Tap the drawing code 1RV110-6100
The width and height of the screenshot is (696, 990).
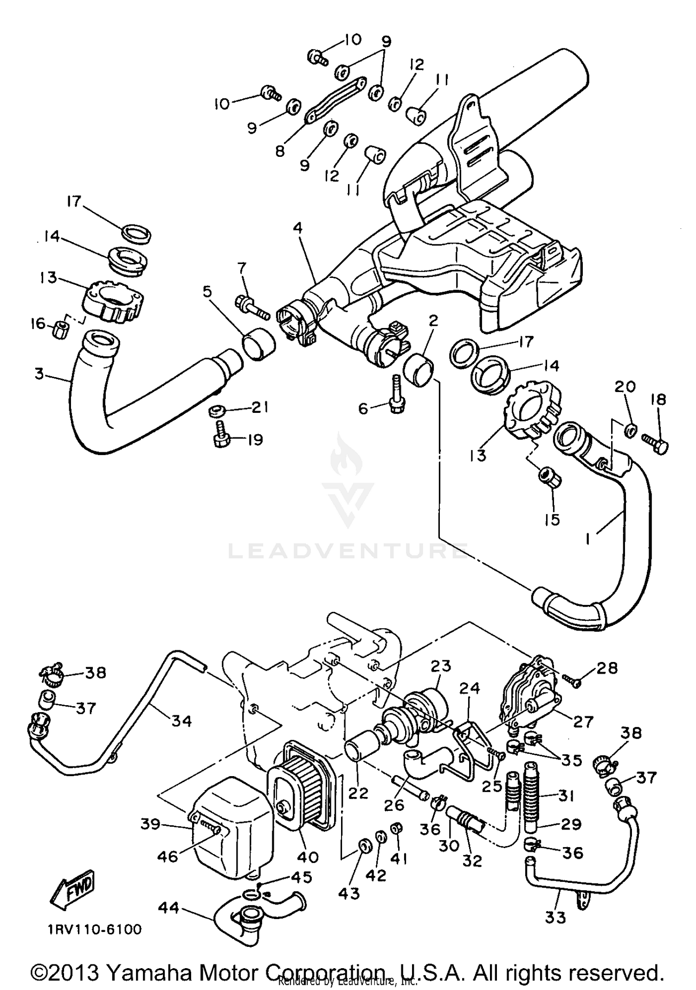94,930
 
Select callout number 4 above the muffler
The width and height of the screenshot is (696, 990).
297,228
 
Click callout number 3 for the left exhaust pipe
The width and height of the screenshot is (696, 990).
39,374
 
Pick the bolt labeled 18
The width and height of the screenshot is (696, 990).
654,438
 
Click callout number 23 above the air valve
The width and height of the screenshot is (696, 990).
441,666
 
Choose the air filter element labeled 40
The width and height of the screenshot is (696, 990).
302,793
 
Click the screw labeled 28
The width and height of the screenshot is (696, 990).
573,680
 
